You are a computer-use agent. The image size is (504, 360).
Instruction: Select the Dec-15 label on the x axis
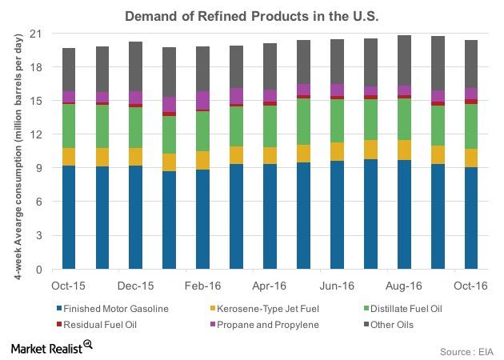pyautogui.click(x=136, y=284)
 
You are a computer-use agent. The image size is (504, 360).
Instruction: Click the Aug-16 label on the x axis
pyautogui.click(x=404, y=284)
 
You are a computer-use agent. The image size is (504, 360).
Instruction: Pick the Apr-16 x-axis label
pyautogui.click(x=270, y=284)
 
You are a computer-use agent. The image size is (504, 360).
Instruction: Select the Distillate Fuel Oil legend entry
pyautogui.click(x=412, y=307)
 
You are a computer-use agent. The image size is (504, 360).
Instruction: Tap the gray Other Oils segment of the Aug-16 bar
pyautogui.click(x=404, y=60)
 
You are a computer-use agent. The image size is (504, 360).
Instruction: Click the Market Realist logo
pyautogui.click(x=50, y=346)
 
